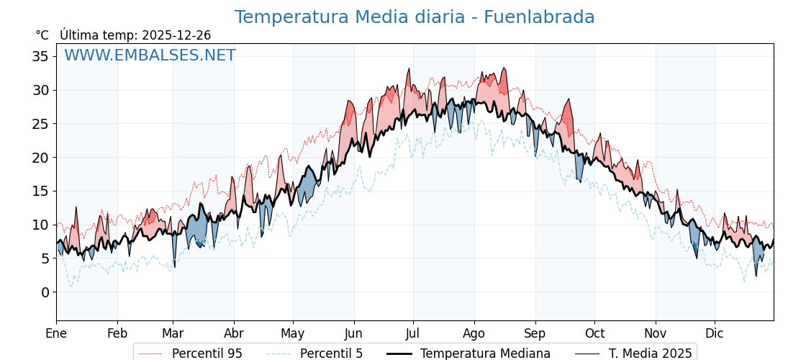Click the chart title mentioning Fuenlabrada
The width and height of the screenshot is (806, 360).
(415, 17)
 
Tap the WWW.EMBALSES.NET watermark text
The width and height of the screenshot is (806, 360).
(150, 55)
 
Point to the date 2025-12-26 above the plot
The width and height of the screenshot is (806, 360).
(176, 35)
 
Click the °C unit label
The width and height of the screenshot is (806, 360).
(42, 35)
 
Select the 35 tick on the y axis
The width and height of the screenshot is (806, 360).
(41, 56)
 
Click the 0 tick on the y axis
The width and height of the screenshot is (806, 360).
(45, 292)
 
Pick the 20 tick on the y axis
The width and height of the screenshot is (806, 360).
(41, 157)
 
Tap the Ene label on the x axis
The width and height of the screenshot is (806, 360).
(56, 333)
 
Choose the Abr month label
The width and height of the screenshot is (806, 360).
(234, 333)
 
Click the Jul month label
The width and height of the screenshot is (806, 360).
(413, 333)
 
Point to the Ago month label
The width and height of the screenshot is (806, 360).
(474, 333)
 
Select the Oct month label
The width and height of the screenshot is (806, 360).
(594, 333)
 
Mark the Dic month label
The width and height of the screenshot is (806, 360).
(715, 333)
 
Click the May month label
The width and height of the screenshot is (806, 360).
(293, 333)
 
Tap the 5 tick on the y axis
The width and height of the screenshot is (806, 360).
(45, 258)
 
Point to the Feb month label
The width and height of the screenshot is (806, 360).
(117, 333)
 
